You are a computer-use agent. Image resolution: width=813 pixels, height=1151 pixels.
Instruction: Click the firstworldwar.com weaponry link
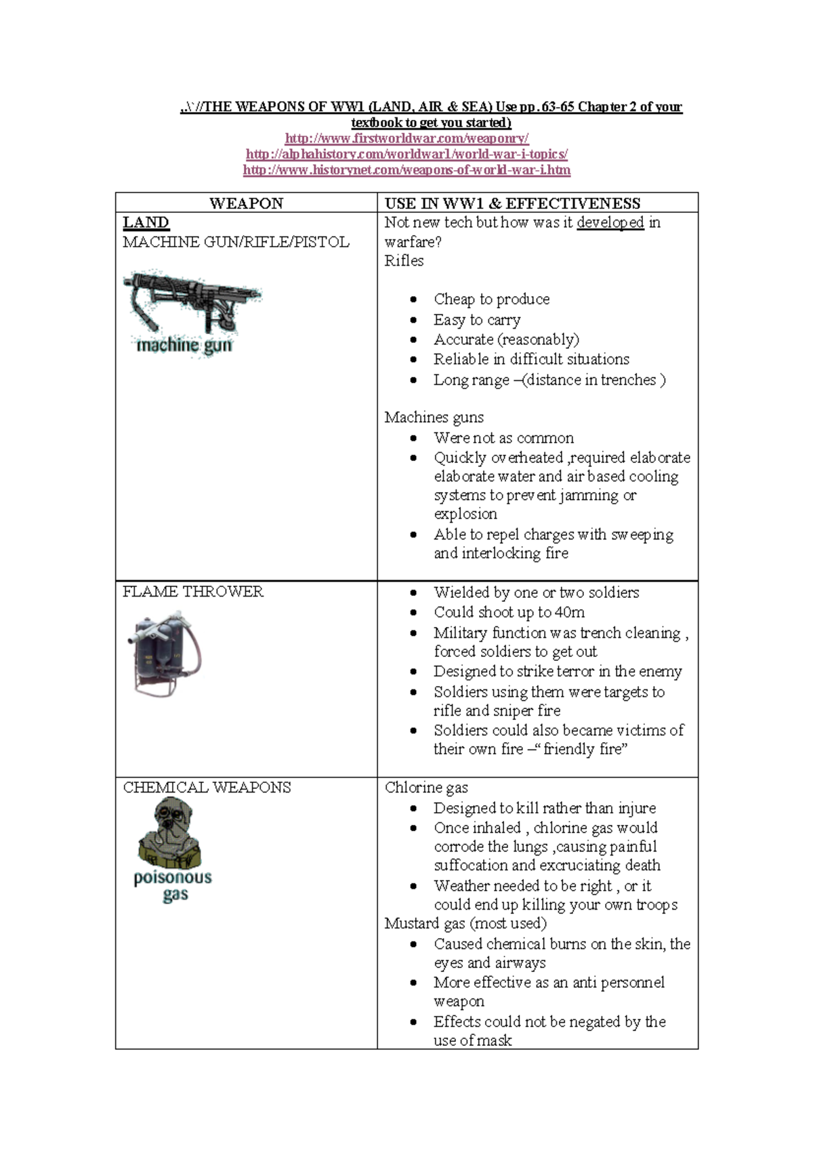click(x=406, y=138)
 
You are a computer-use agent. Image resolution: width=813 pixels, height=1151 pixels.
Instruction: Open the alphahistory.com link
click(x=406, y=154)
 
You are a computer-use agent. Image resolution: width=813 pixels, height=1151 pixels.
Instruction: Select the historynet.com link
click(x=406, y=169)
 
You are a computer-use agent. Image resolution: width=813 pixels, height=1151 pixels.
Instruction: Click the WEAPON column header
click(x=246, y=203)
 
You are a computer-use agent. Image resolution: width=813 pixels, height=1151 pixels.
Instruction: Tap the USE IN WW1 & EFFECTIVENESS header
click(x=512, y=203)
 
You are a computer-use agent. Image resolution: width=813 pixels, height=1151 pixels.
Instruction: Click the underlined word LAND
click(x=146, y=222)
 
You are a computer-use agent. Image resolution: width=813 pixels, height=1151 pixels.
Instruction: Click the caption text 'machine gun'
click(x=184, y=346)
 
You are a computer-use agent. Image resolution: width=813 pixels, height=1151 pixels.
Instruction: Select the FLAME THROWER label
click(x=193, y=591)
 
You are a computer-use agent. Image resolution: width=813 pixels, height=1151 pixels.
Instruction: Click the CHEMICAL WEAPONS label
click(x=207, y=787)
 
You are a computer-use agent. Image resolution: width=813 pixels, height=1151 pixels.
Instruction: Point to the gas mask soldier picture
click(x=171, y=832)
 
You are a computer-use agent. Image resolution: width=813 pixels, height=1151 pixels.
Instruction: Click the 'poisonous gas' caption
click(x=173, y=885)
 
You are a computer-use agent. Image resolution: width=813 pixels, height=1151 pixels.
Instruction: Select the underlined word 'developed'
click(x=610, y=222)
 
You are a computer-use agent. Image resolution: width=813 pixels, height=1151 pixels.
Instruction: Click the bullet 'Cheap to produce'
click(x=491, y=299)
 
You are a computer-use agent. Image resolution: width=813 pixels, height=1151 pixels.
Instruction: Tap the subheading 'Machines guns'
click(x=434, y=417)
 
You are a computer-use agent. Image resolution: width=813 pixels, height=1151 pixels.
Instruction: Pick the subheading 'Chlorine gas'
click(x=426, y=787)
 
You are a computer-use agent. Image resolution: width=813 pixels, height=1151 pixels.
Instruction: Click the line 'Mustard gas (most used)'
click(x=465, y=923)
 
